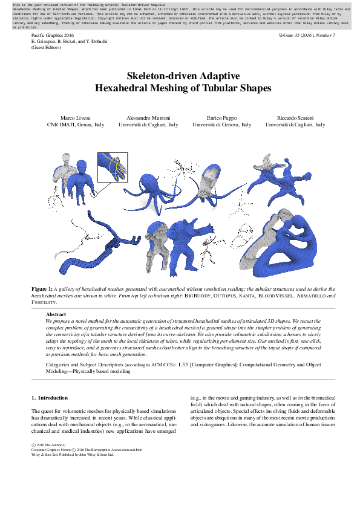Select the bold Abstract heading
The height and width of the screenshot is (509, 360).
pyautogui.click(x=56, y=315)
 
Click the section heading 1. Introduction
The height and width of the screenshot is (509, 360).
pyautogui.click(x=50, y=398)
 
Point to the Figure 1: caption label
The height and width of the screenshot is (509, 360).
pyautogui.click(x=42, y=290)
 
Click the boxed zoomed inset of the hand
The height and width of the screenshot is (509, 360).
pyautogui.click(x=113, y=167)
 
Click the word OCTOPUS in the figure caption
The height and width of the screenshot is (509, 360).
pyautogui.click(x=217, y=296)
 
